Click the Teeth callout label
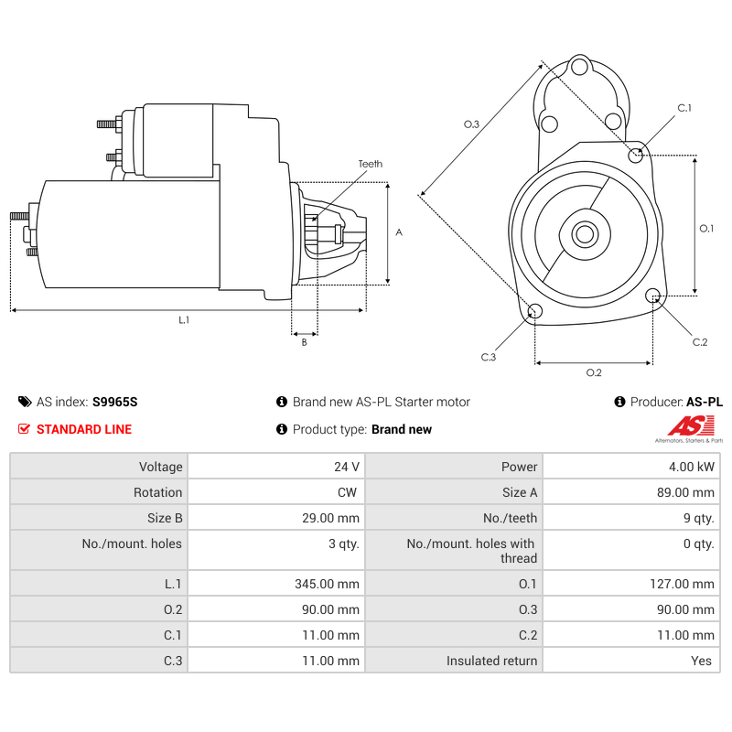(x=370, y=164)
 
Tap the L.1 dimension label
(x=184, y=319)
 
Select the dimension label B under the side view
(x=304, y=342)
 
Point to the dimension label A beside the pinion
(x=398, y=232)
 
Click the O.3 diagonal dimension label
(x=471, y=124)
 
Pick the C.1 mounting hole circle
(x=636, y=155)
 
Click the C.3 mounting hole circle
(x=535, y=312)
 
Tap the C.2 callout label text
(x=700, y=341)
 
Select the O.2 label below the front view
(x=593, y=372)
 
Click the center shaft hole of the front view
(x=585, y=234)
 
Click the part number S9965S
(x=114, y=402)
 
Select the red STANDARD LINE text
(x=84, y=429)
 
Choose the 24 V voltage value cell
(x=347, y=467)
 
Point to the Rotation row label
(x=157, y=492)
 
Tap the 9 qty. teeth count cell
(x=698, y=518)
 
